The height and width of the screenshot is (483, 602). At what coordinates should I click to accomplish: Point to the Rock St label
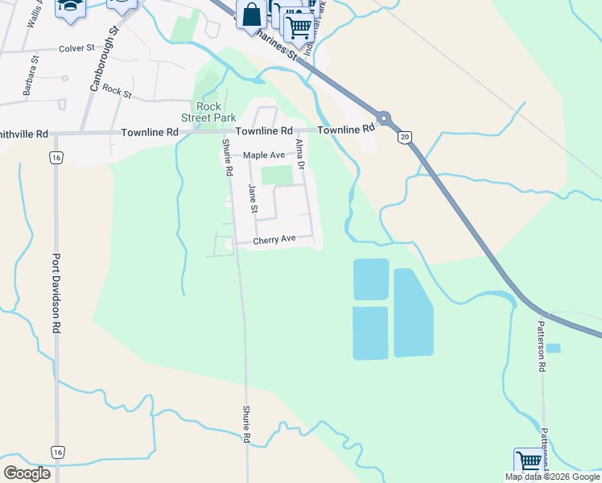point(117,93)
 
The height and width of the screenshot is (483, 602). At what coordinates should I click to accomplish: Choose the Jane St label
point(253,199)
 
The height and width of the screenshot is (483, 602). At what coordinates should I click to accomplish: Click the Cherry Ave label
point(274,240)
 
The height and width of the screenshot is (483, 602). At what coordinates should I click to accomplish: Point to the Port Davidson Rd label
point(56,295)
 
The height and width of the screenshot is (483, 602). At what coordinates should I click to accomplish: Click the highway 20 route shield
point(404,138)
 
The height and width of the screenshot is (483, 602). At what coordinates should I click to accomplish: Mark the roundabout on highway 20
point(385,118)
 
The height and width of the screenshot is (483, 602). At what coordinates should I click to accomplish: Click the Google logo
point(27,473)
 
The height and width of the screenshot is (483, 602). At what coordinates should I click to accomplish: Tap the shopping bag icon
point(251,14)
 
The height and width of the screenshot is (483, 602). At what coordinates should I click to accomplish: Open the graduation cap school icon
point(69,6)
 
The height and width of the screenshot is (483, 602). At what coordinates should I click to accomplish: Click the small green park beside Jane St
point(276,175)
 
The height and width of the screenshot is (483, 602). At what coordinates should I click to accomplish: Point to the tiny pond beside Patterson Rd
point(553,349)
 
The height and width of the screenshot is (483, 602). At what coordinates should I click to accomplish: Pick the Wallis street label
point(31,14)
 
